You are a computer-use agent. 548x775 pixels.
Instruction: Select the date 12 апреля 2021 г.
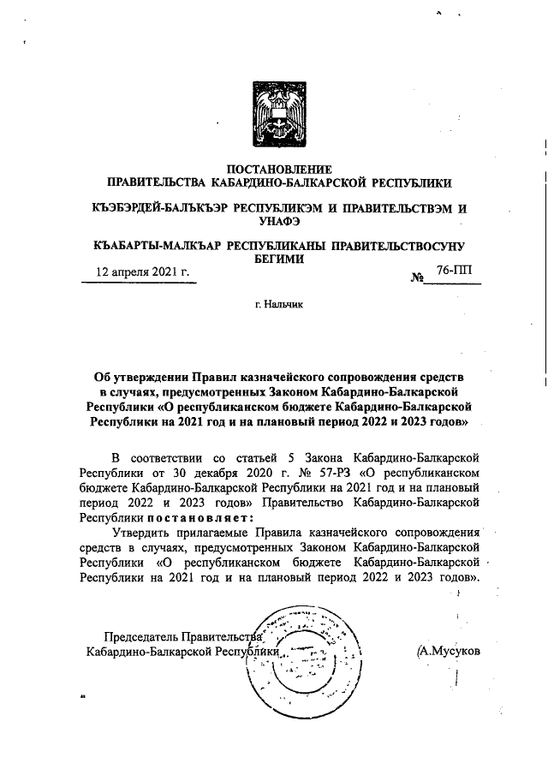pos(141,271)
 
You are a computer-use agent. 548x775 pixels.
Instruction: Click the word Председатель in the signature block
pos(141,636)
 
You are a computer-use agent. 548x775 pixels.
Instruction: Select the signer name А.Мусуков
pos(450,651)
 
